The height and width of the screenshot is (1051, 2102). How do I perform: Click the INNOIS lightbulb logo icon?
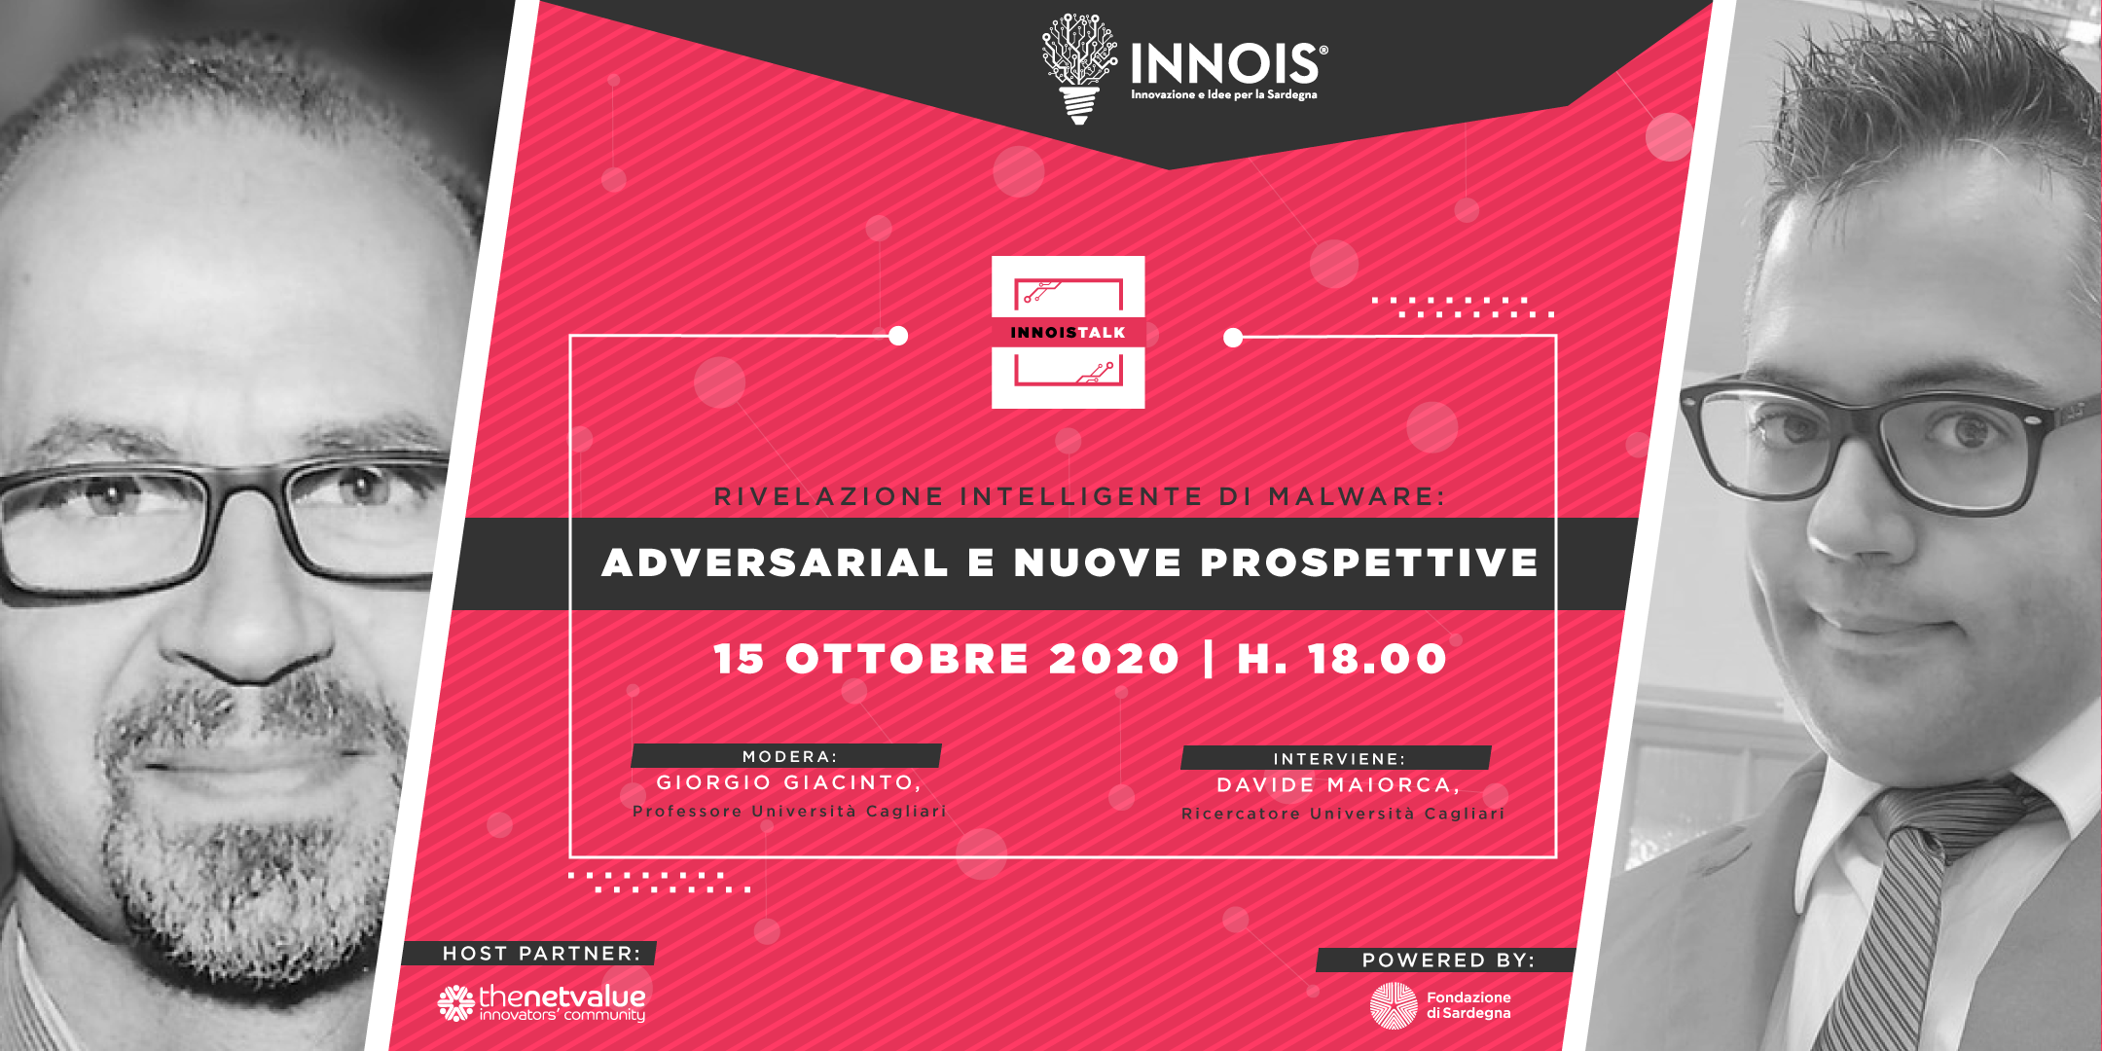click(x=1078, y=68)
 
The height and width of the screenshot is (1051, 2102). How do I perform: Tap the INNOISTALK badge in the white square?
click(x=1068, y=332)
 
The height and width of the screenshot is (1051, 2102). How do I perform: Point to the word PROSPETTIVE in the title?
click(x=1369, y=562)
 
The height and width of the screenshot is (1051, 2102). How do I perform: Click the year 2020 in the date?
click(x=1114, y=659)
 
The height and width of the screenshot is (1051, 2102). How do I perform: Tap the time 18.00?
click(x=1377, y=659)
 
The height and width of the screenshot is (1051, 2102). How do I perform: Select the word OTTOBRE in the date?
click(x=907, y=659)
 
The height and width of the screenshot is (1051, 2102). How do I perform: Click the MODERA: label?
click(x=789, y=756)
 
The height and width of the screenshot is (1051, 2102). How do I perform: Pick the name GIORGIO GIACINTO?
click(x=786, y=782)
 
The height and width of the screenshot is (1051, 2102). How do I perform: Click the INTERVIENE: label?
click(x=1339, y=758)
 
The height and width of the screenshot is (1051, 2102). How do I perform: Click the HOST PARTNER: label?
click(x=541, y=954)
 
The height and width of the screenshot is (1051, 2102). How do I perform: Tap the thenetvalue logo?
click(x=541, y=1003)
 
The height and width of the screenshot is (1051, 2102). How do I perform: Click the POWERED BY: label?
click(x=1448, y=960)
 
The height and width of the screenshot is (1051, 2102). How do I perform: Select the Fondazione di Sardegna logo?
click(x=1440, y=1005)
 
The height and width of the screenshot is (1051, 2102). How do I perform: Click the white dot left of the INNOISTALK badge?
click(x=898, y=336)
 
